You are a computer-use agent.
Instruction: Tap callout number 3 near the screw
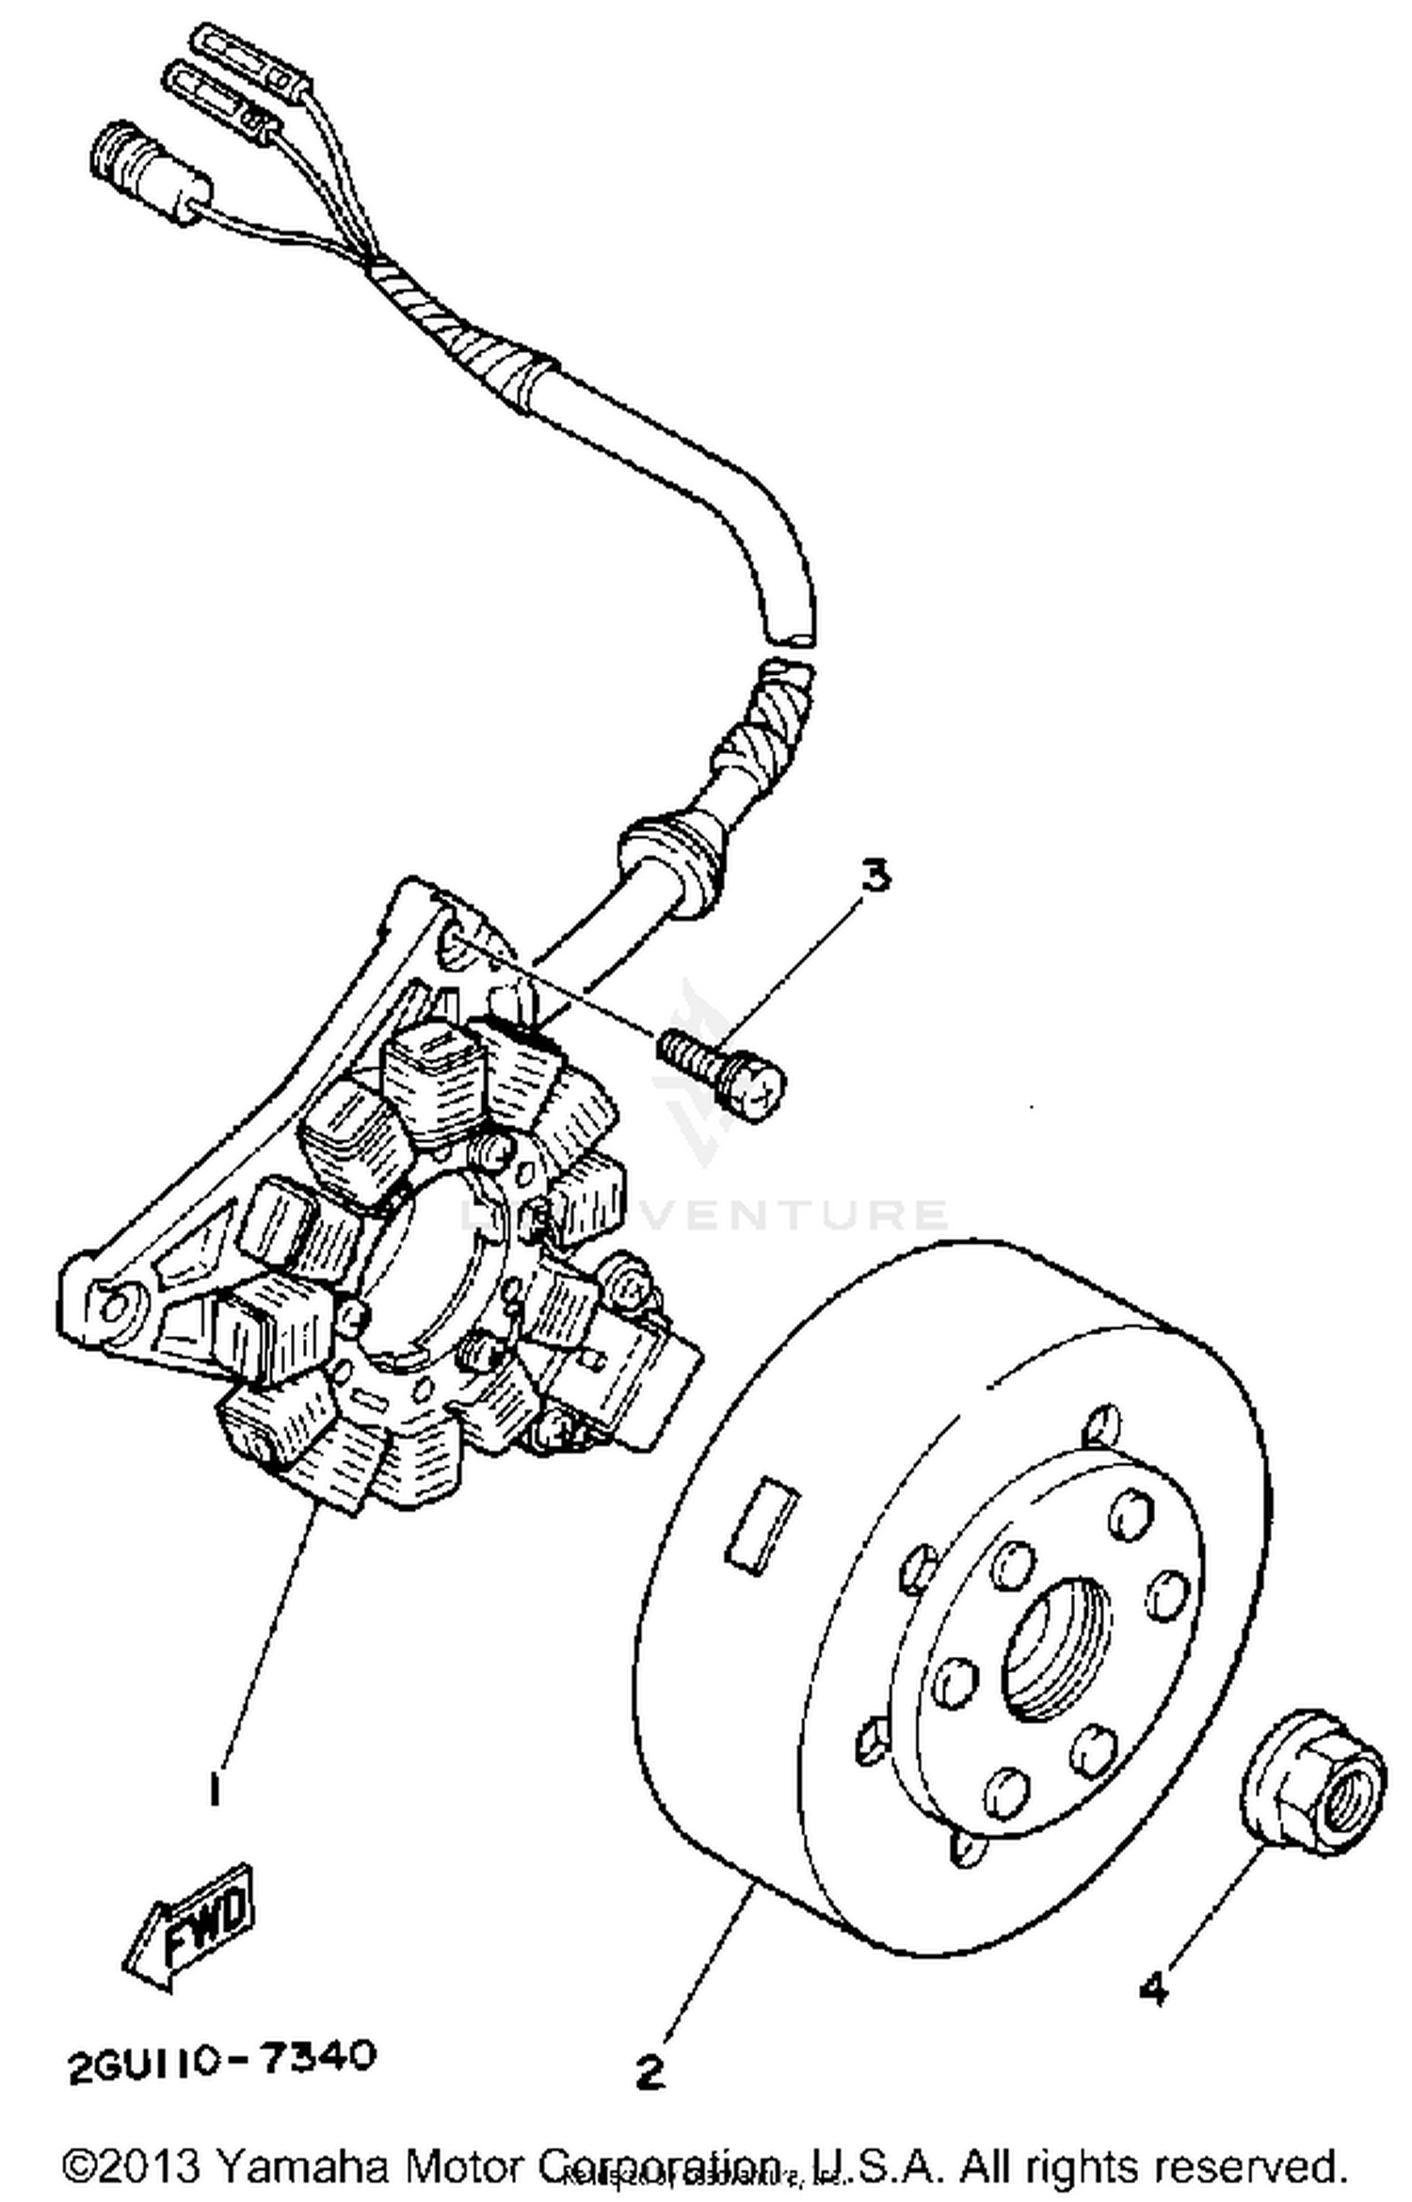[x=874, y=878]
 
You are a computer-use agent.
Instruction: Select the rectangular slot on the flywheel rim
[x=763, y=1524]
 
